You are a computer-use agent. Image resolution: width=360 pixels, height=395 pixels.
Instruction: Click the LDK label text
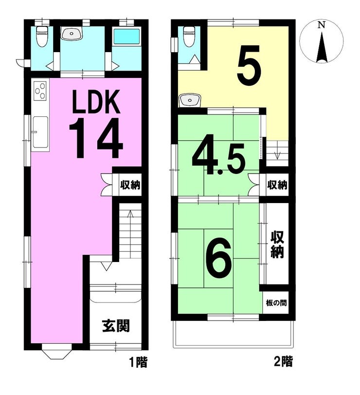(96, 101)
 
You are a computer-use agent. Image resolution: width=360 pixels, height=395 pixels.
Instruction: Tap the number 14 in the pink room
(96, 138)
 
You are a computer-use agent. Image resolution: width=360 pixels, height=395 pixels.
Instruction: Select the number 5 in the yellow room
(249, 65)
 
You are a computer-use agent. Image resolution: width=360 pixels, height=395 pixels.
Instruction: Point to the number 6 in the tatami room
(218, 257)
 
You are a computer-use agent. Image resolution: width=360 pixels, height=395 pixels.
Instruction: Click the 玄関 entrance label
(116, 326)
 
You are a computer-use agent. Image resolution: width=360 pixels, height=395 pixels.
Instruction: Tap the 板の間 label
(276, 302)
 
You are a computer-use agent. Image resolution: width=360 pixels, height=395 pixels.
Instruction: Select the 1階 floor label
(138, 362)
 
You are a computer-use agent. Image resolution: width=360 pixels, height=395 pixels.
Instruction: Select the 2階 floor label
(283, 362)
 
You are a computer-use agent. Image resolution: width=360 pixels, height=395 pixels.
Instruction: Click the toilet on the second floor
(189, 37)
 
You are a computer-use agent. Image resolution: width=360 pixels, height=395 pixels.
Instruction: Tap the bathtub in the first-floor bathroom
(127, 36)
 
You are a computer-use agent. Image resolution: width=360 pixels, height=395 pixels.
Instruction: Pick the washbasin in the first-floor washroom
(72, 34)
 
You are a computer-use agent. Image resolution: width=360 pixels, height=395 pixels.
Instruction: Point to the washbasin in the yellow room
(190, 101)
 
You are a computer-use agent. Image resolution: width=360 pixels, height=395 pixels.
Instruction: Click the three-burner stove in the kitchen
(40, 91)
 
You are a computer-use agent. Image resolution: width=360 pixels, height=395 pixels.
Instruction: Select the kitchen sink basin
(40, 132)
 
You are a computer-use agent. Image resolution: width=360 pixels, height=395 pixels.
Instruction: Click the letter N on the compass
(321, 25)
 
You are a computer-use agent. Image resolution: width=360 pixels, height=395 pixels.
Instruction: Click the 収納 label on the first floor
(130, 185)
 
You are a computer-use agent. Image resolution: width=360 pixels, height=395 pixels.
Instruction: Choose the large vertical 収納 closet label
(277, 245)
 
